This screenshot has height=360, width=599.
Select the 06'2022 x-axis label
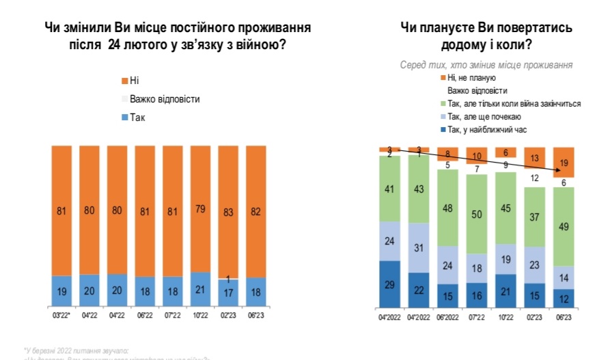(x=447, y=317)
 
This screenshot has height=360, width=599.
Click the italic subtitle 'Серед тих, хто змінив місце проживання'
(x=486, y=64)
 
